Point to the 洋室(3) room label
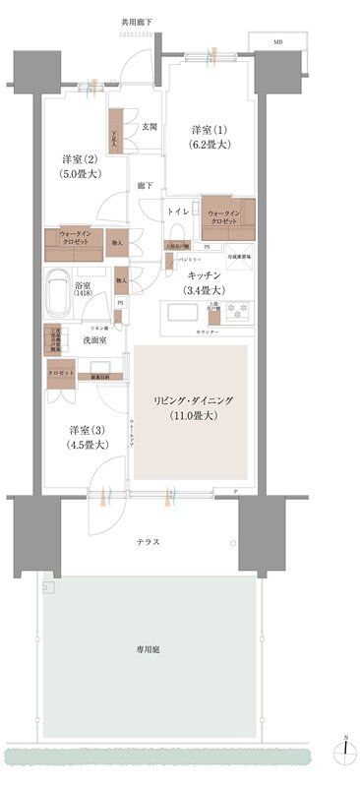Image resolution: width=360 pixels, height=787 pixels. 85,437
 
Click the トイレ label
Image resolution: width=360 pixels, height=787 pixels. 178,212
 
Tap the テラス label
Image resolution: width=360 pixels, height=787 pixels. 149,542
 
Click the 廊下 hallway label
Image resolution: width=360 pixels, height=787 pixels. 145,184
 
